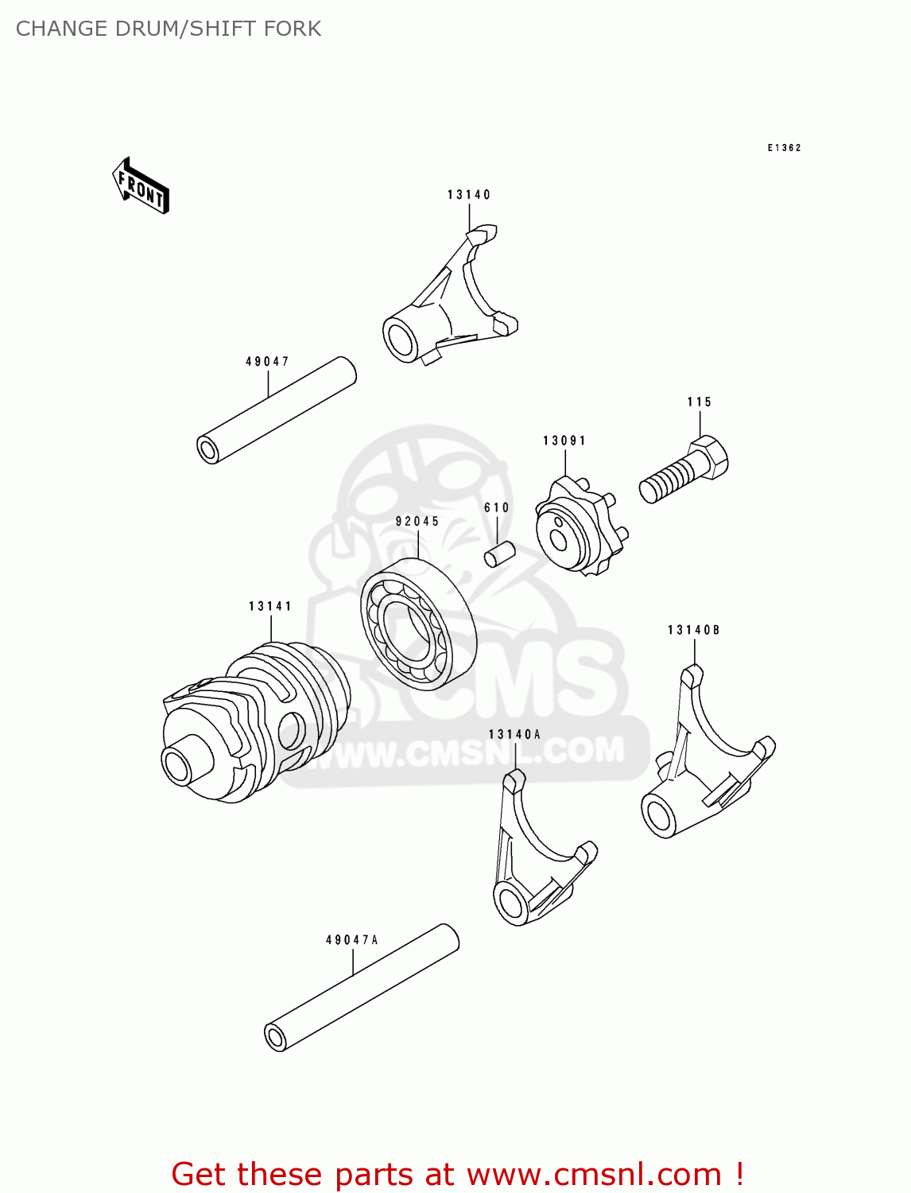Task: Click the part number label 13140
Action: click(x=469, y=195)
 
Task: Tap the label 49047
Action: click(x=267, y=362)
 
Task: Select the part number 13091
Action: click(x=564, y=441)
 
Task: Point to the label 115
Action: click(x=700, y=402)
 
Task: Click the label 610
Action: click(x=497, y=508)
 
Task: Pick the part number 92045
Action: click(x=417, y=522)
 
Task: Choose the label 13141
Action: click(x=270, y=607)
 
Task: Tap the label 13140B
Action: click(x=693, y=631)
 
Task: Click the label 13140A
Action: click(x=514, y=735)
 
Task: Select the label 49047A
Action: click(x=352, y=940)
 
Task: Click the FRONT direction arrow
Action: click(x=141, y=187)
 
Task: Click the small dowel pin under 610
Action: click(x=500, y=554)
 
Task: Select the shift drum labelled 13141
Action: click(x=254, y=720)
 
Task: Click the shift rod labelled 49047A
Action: click(x=362, y=988)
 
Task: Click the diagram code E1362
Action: click(x=784, y=148)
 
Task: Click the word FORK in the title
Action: click(x=294, y=29)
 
